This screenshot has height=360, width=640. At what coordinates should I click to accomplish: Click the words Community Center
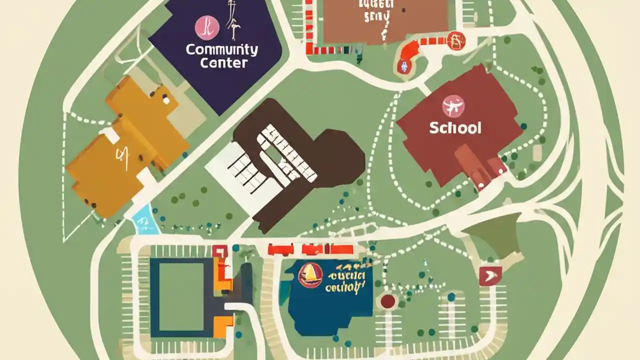(221, 56)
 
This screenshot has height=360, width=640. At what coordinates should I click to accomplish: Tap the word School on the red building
(455, 127)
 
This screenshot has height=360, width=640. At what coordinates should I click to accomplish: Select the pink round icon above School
(453, 106)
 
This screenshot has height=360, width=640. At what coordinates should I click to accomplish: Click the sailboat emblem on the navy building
(310, 275)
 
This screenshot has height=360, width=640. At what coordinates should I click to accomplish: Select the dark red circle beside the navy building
(388, 301)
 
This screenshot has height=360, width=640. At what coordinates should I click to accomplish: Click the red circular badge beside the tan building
(455, 40)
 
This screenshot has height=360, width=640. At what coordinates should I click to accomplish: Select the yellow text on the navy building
(345, 281)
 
